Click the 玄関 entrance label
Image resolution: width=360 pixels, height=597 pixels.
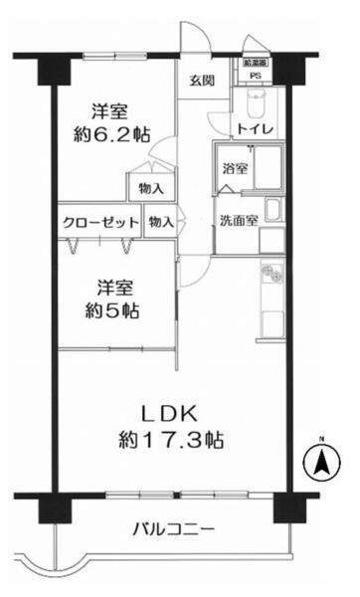[x=202, y=82]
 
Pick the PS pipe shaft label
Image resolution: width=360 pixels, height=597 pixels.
[x=255, y=76]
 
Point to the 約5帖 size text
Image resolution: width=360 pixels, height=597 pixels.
[x=111, y=310]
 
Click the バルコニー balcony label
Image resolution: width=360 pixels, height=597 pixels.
[x=173, y=528]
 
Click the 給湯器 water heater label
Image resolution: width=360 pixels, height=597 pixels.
[x=255, y=62]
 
